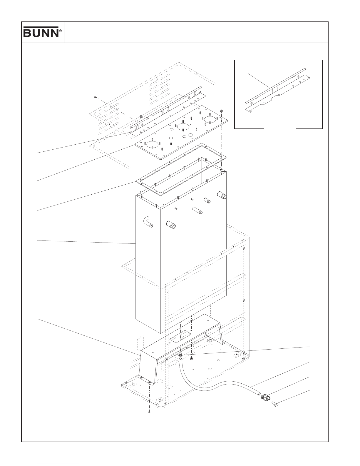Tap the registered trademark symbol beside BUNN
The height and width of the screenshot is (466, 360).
61,31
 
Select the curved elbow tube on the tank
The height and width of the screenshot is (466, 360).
148,222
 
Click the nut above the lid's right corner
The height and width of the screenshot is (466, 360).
221,111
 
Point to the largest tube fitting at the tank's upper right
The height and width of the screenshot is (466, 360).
222,195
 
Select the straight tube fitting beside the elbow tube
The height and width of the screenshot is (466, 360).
171,225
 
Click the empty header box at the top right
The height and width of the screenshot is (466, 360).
307,32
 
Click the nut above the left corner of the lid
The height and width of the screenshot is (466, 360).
141,116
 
